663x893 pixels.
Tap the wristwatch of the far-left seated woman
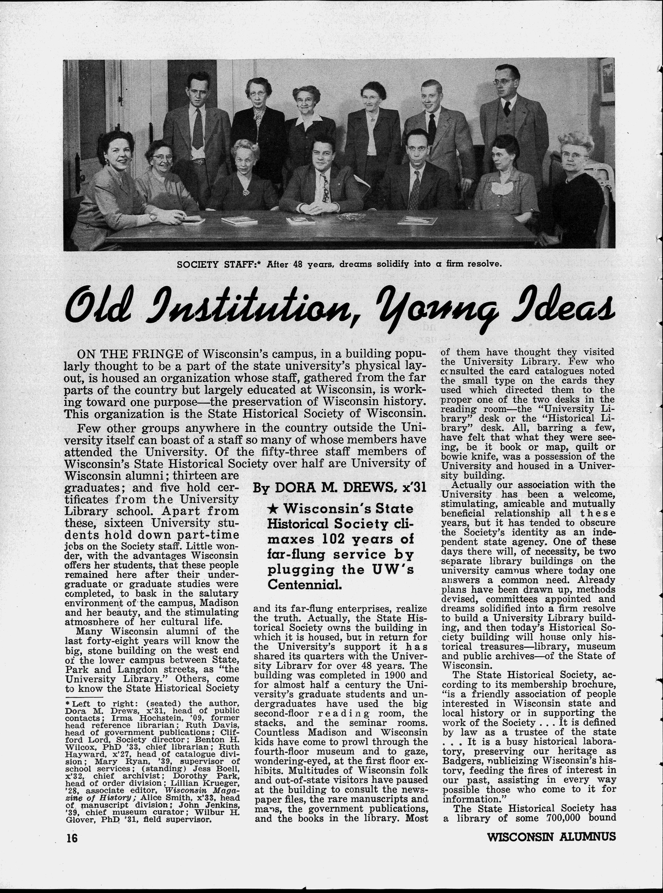(153, 217)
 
